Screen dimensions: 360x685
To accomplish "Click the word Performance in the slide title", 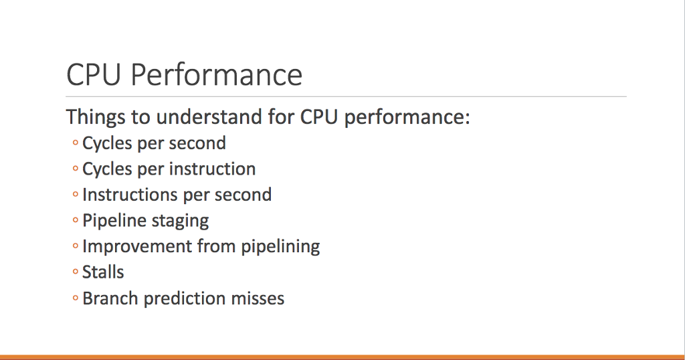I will pyautogui.click(x=216, y=75).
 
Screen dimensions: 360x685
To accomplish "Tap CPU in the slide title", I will pyautogui.click(x=94, y=75).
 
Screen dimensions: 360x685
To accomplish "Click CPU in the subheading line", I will pyautogui.click(x=317, y=118).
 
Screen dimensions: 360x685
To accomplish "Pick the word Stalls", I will pyautogui.click(x=103, y=272).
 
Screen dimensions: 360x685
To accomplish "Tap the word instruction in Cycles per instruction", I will pyautogui.click(x=212, y=169).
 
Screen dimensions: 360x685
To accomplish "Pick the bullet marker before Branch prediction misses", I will pyautogui.click(x=76, y=299).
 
